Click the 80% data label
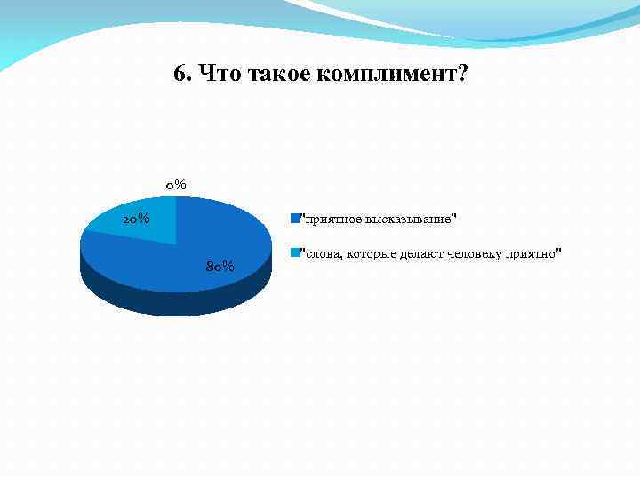click(220, 266)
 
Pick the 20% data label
click(135, 219)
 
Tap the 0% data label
click(175, 185)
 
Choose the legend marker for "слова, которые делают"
click(297, 252)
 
